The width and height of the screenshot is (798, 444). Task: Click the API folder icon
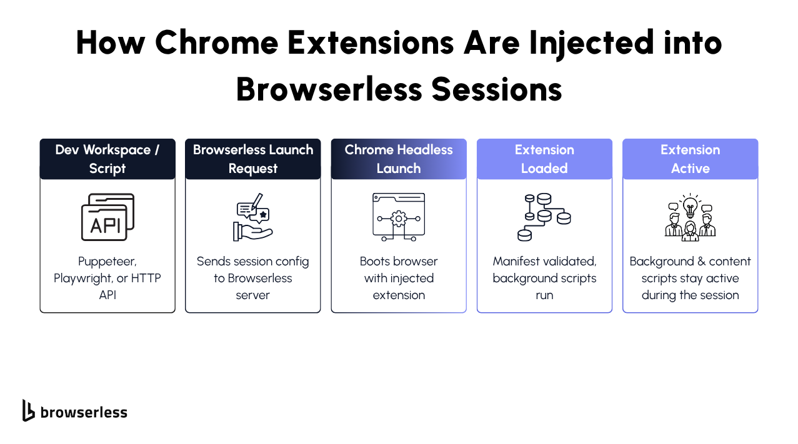pos(107,217)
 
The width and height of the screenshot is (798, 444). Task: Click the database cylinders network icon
pos(544,217)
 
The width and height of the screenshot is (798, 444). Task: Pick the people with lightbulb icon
pos(690,217)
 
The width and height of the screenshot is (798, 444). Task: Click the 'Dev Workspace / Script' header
pos(107,159)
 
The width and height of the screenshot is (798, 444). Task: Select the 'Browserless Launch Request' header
pos(252,159)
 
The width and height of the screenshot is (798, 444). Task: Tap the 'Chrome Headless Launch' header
pos(399,159)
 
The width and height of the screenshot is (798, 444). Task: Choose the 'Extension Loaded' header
pos(544,159)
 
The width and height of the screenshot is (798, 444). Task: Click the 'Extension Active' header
pos(690,159)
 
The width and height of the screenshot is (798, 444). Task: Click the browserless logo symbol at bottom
pos(28,410)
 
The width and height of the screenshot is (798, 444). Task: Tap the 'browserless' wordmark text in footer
pos(84,412)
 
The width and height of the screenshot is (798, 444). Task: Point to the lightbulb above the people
pos(690,205)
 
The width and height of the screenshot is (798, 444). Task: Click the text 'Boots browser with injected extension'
pos(399,278)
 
